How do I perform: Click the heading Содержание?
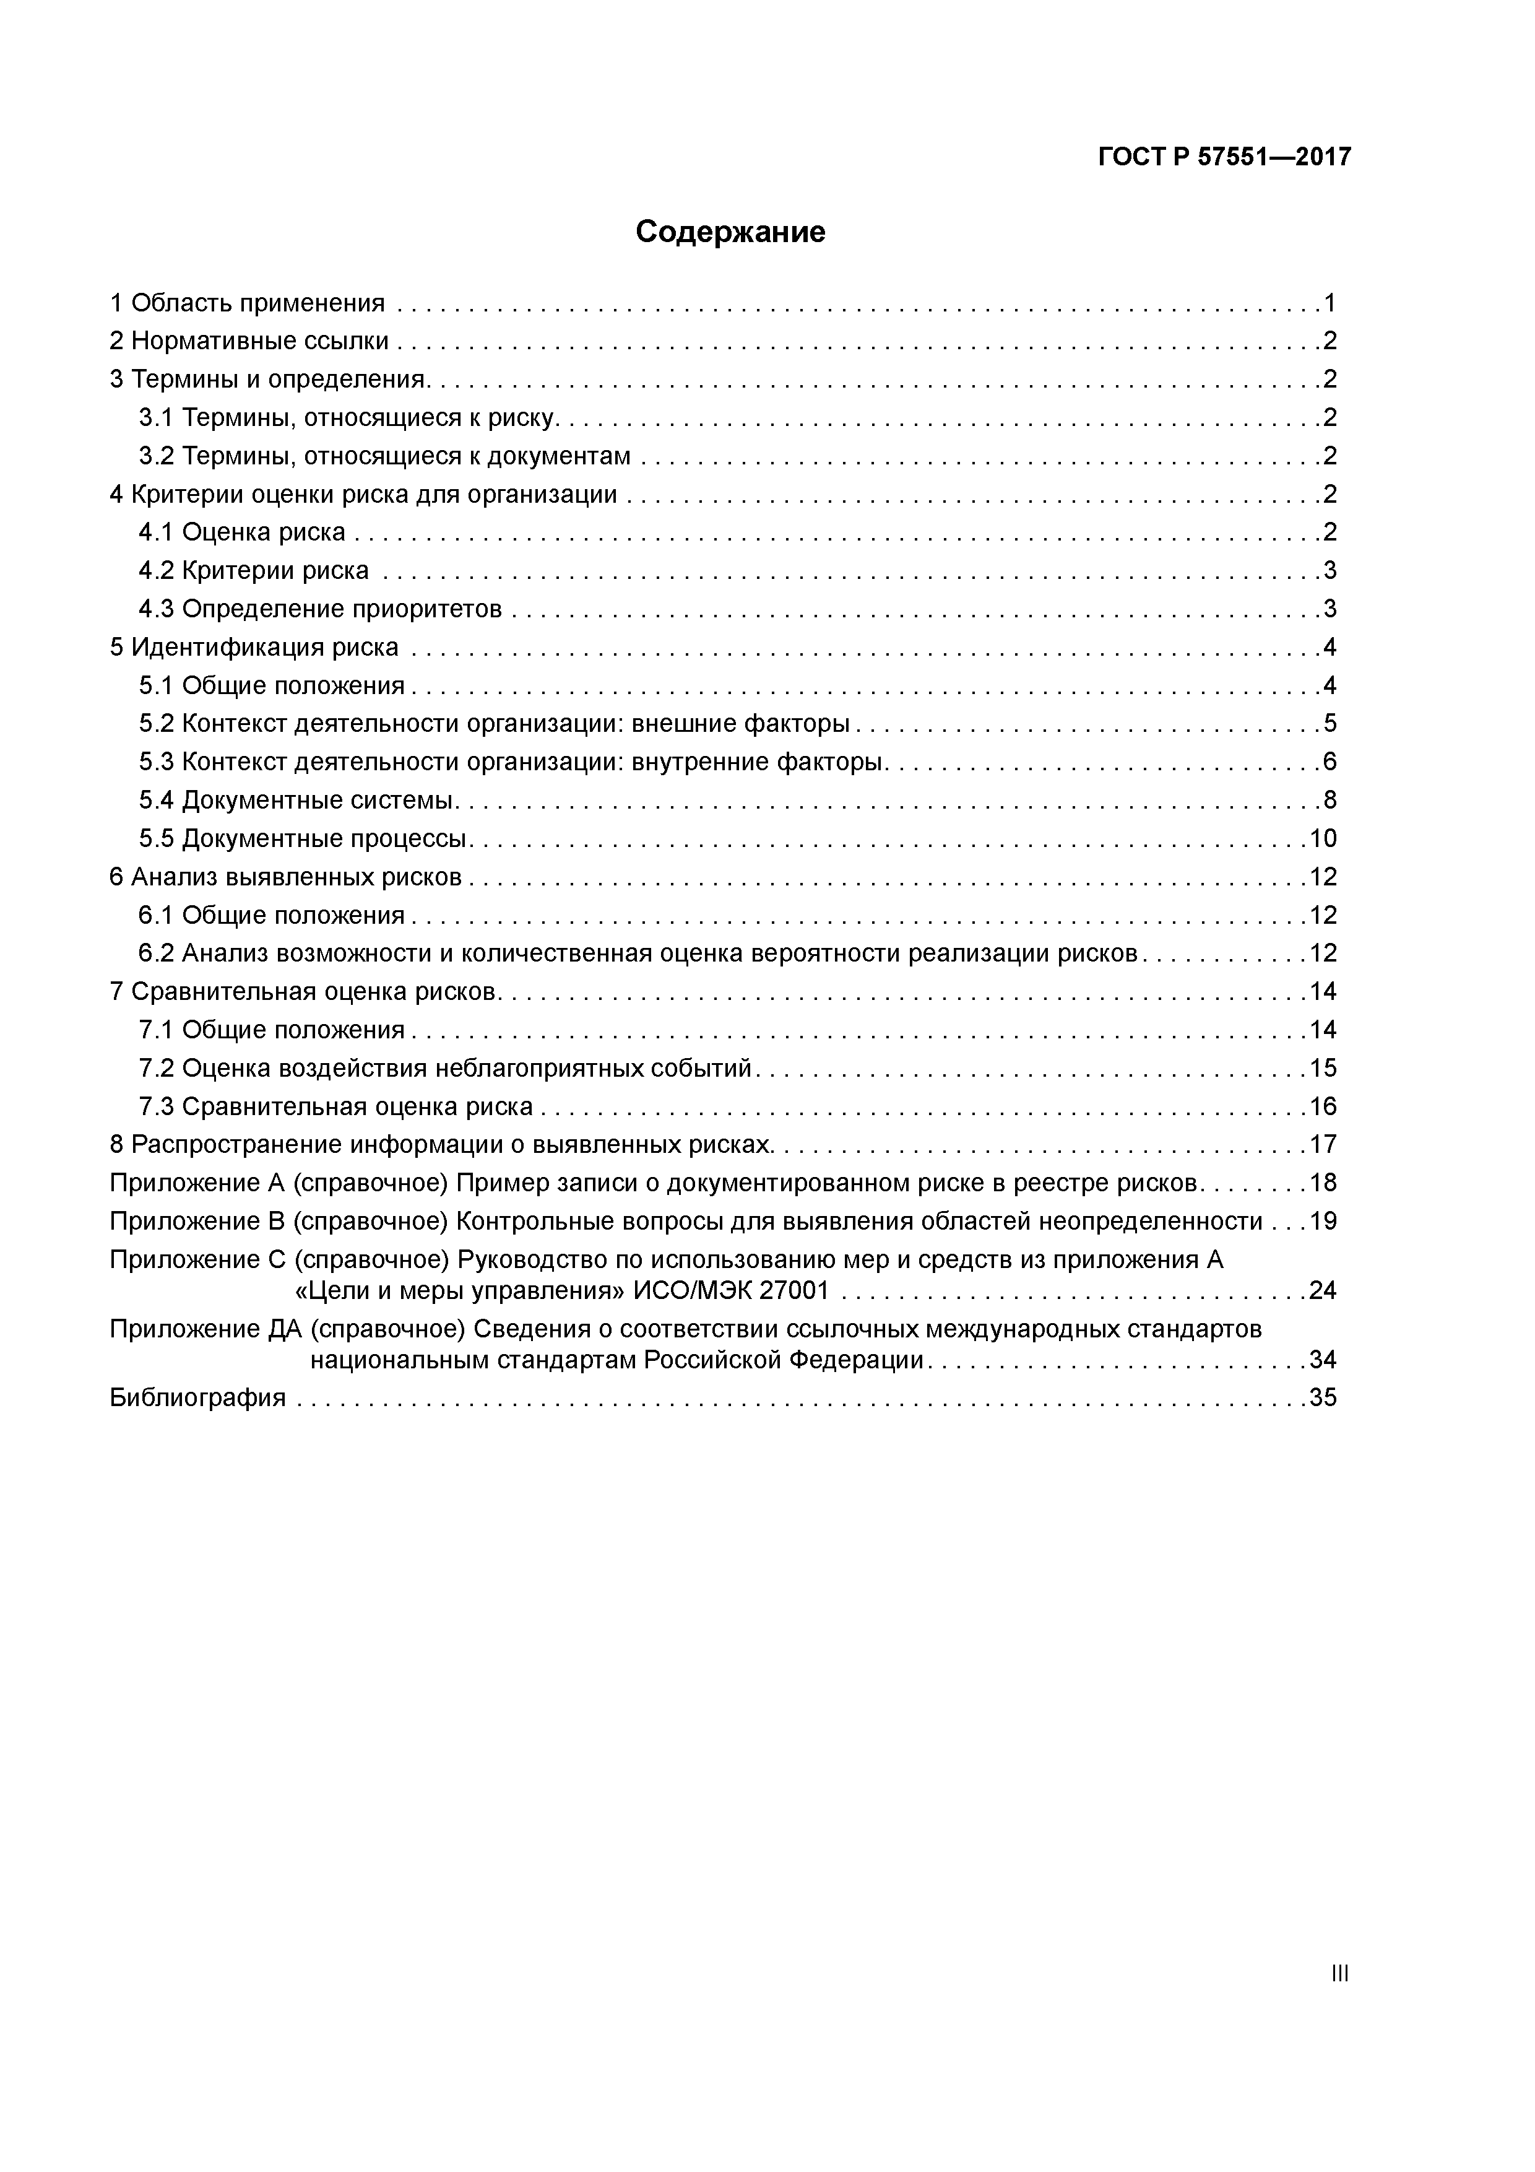tap(730, 232)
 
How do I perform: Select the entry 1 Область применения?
tap(248, 303)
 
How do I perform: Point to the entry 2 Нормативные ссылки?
tap(249, 342)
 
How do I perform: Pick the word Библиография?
tap(197, 1398)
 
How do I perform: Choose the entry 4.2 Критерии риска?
tap(254, 570)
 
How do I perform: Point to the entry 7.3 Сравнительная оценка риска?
tap(335, 1107)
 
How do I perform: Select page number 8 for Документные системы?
tap(1330, 801)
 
